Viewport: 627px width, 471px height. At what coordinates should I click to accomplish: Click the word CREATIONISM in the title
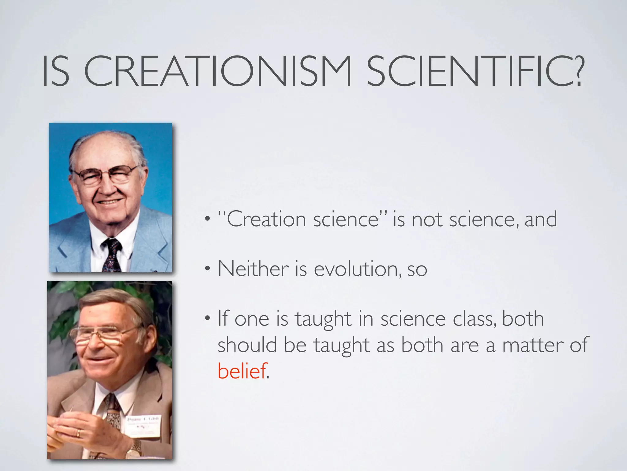point(217,71)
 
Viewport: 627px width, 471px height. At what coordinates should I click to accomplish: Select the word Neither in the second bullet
point(253,269)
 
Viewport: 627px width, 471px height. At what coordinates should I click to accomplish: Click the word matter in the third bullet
point(533,345)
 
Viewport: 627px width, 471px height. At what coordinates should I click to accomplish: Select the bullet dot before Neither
point(208,269)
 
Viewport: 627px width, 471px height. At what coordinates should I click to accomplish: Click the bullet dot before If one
point(208,318)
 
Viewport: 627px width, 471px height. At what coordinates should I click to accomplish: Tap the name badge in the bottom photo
point(143,426)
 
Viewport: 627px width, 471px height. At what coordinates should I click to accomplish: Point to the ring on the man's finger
point(78,433)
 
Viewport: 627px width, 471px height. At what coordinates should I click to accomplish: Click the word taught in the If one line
point(323,319)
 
